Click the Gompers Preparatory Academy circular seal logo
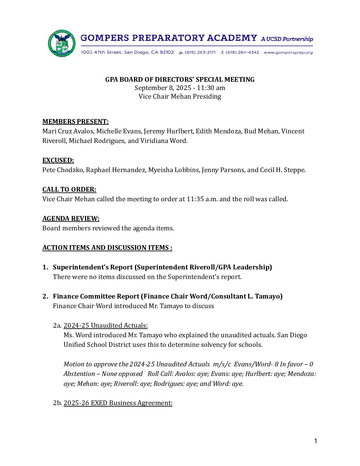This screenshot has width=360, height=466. tap(62, 43)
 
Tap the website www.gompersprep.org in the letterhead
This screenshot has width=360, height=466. tap(288, 52)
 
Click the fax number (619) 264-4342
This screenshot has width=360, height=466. tap(242, 52)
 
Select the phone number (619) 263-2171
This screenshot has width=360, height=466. tap(200, 52)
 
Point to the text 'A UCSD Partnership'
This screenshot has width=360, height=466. tap(287, 39)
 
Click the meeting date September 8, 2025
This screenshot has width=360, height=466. tap(163, 88)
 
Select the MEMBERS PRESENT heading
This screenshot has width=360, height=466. tap(75, 121)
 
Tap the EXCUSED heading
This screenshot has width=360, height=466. tap(58, 160)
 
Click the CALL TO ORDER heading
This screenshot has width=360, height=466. tap(69, 189)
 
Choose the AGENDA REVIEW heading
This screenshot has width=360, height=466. tap(71, 218)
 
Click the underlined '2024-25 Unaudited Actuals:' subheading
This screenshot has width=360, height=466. tap(106, 325)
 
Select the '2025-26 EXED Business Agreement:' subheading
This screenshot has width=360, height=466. tap(118, 403)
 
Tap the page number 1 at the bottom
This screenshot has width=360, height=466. tap(316, 441)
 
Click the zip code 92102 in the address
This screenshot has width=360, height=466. tap(167, 52)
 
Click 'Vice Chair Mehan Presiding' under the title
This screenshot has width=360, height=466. tap(180, 96)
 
